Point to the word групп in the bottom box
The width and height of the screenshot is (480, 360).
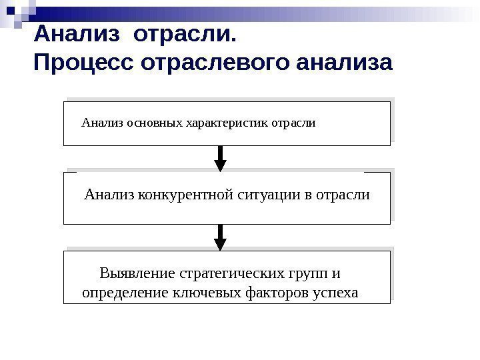[309, 273]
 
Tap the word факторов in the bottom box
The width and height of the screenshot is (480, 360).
[271, 292]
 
